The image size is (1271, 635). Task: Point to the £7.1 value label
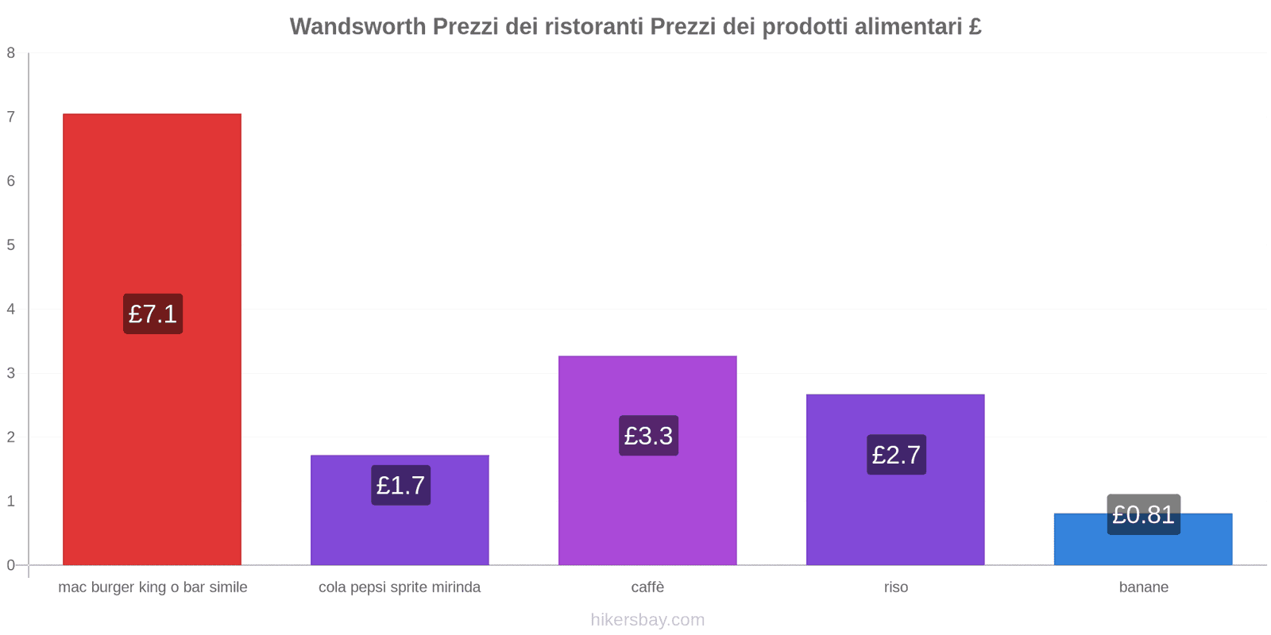(x=153, y=314)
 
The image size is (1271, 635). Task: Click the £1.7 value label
(x=400, y=485)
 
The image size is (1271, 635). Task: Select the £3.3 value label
(x=648, y=436)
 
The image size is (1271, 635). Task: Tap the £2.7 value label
(x=896, y=455)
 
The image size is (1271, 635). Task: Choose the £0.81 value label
(x=1143, y=514)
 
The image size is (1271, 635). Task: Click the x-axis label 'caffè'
(x=647, y=587)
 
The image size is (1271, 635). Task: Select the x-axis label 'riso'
(x=895, y=587)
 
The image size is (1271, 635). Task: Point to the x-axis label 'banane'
(x=1143, y=587)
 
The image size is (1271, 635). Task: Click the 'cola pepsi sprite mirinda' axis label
(x=400, y=587)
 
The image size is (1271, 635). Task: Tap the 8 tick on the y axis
(x=11, y=53)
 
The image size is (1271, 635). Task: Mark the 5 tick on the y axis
(x=11, y=245)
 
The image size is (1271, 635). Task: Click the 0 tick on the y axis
(x=11, y=565)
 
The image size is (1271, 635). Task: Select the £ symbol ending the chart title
(x=975, y=26)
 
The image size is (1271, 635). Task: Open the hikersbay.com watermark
(x=647, y=620)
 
